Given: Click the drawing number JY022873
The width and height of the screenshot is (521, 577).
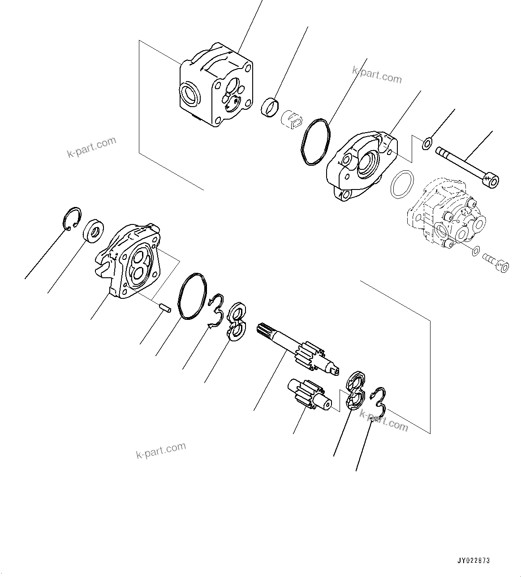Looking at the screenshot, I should pyautogui.click(x=474, y=560).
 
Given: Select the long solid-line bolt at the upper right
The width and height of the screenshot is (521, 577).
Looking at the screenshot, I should pyautogui.click(x=466, y=166).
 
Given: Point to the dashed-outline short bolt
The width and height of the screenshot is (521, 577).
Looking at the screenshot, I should pyautogui.click(x=495, y=263).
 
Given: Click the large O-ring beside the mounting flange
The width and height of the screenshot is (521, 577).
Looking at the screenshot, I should pyautogui.click(x=316, y=142).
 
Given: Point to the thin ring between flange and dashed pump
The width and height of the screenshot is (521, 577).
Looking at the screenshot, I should pyautogui.click(x=402, y=184).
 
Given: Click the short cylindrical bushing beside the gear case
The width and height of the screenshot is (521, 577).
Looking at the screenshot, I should pyautogui.click(x=270, y=106).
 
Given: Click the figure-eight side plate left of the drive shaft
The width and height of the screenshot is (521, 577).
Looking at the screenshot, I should pyautogui.click(x=235, y=321).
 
